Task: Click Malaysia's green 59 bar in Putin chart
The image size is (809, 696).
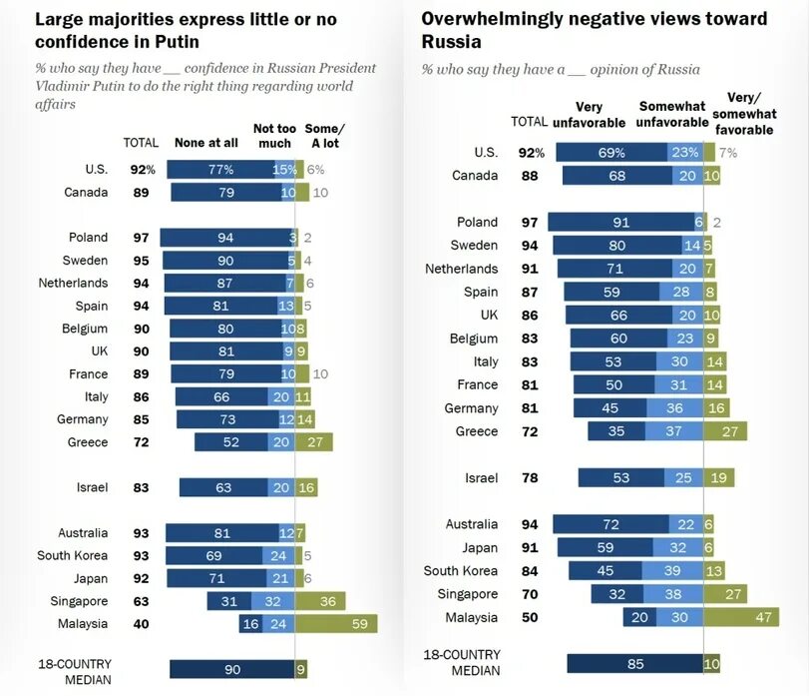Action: pyautogui.click(x=337, y=624)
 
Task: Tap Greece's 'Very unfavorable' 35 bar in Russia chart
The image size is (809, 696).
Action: pyautogui.click(x=616, y=431)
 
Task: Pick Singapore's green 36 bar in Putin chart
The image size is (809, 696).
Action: pyautogui.click(x=320, y=601)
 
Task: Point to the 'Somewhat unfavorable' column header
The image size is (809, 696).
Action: pyautogui.click(x=671, y=115)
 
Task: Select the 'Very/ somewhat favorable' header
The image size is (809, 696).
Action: pyautogui.click(x=743, y=113)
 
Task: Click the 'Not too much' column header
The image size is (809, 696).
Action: pyautogui.click(x=276, y=136)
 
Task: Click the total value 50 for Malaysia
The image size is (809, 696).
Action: pyautogui.click(x=529, y=618)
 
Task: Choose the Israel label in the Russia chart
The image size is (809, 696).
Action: pyautogui.click(x=481, y=478)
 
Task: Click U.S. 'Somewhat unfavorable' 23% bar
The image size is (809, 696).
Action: pyautogui.click(x=684, y=153)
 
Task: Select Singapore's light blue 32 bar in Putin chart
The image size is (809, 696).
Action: pyautogui.click(x=272, y=601)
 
